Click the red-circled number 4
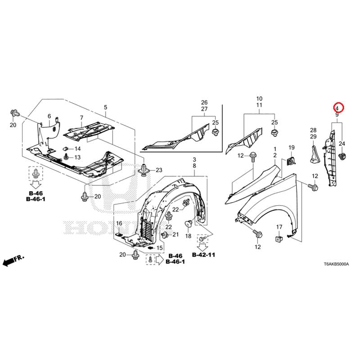(337, 108)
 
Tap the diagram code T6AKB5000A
(336, 264)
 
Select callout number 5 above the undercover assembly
(105, 107)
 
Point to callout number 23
(159, 170)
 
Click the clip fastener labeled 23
(144, 171)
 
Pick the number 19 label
(291, 148)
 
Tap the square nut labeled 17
(279, 239)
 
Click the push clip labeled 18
(189, 223)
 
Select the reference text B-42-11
(203, 255)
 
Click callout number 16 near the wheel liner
(119, 223)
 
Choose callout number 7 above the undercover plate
(81, 118)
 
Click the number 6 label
(49, 117)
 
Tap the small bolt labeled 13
(66, 157)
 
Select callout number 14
(77, 149)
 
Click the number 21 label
(175, 234)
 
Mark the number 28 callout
(313, 130)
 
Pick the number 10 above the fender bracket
(259, 99)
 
